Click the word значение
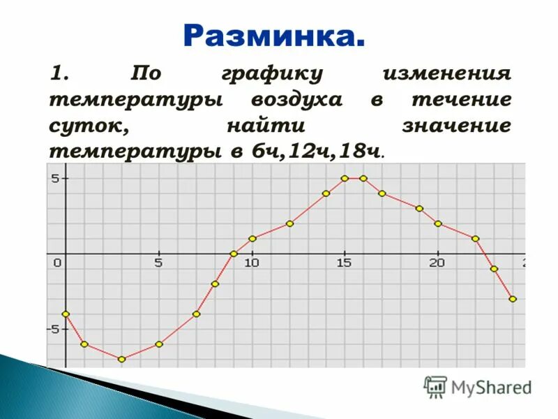click(456, 126)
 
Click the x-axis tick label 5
click(158, 263)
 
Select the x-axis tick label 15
click(344, 263)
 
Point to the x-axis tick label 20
click(437, 263)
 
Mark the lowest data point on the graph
click(121, 359)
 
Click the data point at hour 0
click(66, 314)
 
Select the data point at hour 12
click(289, 223)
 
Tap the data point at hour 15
click(345, 178)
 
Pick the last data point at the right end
click(513, 299)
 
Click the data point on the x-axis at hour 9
click(234, 253)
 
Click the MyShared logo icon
click(435, 386)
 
